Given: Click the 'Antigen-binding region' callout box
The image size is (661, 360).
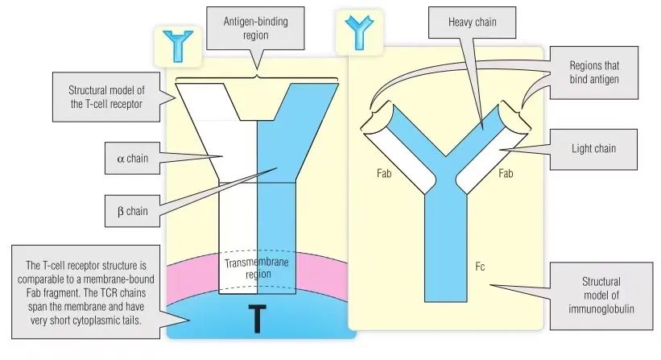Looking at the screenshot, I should [x=255, y=28].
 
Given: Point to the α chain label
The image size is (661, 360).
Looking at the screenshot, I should [x=132, y=158].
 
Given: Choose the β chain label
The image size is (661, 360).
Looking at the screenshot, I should [x=132, y=211].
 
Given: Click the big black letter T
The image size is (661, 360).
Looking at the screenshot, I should [x=255, y=317].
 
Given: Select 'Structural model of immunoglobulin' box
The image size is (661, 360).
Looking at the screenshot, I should [x=601, y=295].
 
